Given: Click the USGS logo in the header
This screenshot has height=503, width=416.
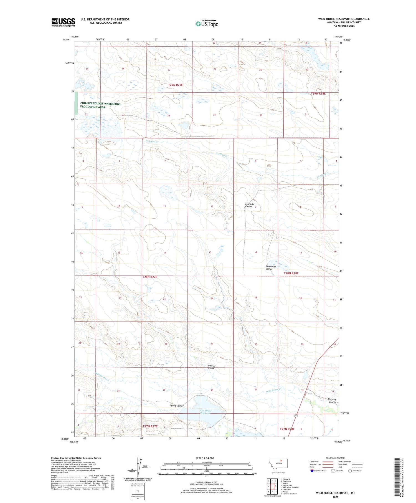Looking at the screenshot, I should click(x=63, y=22).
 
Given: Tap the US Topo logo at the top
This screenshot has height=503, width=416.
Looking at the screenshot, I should click(x=207, y=24).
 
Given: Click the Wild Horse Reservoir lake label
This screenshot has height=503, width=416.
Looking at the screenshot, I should click(x=205, y=412).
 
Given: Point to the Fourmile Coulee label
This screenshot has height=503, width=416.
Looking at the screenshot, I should click(x=248, y=205).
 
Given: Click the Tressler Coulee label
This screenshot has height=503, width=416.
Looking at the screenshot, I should click(x=211, y=367).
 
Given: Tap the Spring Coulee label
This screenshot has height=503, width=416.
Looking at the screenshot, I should click(x=177, y=406).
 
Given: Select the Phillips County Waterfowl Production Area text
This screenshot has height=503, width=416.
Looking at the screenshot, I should click(x=100, y=105).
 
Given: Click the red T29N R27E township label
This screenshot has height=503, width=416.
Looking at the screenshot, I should click(x=175, y=85).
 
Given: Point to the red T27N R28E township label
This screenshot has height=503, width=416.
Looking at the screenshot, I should click(x=287, y=429).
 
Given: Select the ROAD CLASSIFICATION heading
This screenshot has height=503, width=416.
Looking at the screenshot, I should click(x=335, y=458).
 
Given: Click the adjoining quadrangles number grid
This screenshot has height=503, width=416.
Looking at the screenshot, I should click(x=272, y=486).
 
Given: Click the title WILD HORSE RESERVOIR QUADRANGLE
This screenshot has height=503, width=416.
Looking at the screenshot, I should click(x=344, y=19).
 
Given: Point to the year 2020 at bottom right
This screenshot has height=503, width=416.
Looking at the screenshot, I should click(x=336, y=497).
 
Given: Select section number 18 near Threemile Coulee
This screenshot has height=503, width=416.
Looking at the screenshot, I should click(x=256, y=252).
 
